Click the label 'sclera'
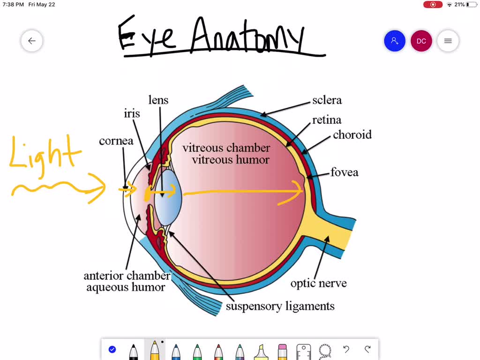click(x=327, y=100)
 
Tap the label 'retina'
click(x=327, y=120)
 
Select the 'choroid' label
click(x=352, y=135)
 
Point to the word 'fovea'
click(x=344, y=172)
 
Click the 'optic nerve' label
click(x=318, y=283)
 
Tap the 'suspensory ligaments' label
click(x=280, y=307)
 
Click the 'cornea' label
click(x=116, y=141)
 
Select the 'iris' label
click(x=132, y=113)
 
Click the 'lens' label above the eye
click(x=158, y=100)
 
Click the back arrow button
click(x=32, y=41)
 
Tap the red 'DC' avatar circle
click(x=421, y=41)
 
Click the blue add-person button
click(x=394, y=41)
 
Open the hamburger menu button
click(x=448, y=41)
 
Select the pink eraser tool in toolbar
click(x=282, y=351)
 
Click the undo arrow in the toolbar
click(x=346, y=349)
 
